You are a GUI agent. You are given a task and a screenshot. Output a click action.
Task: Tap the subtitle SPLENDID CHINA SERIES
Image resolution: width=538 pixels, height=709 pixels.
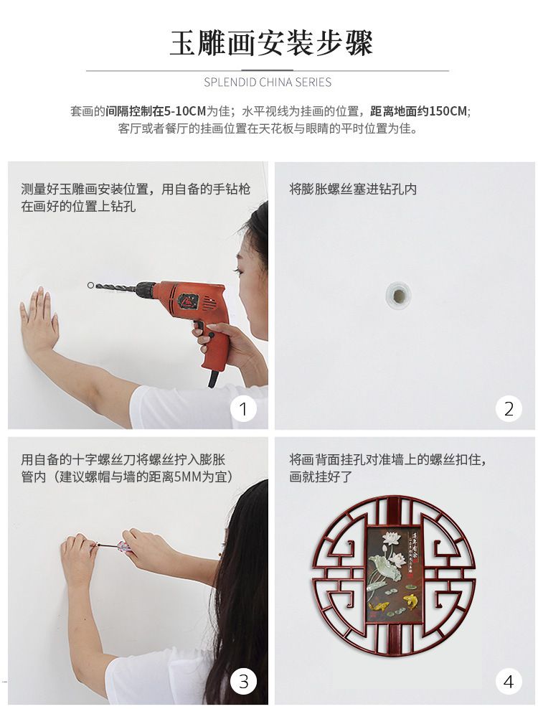268,83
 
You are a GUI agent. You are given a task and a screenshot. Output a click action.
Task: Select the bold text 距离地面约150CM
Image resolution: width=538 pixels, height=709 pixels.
419,111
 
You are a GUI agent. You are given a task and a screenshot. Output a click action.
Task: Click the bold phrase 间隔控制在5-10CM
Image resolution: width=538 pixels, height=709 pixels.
156,111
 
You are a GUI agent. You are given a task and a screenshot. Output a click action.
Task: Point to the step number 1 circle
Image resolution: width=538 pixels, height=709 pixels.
243,409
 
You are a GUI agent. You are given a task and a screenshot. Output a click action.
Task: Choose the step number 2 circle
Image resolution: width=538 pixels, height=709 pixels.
509,409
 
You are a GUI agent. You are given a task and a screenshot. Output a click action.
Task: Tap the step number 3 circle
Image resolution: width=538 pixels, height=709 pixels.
243,681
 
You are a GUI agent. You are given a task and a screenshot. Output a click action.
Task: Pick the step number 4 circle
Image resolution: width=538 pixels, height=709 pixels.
509,681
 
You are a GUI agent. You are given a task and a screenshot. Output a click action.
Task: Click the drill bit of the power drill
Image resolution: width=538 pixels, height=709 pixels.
115,286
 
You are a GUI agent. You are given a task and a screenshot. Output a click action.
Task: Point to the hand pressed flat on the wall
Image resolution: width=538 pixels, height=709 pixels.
39,321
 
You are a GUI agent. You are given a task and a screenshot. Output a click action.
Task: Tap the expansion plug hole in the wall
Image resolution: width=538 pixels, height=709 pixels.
398,295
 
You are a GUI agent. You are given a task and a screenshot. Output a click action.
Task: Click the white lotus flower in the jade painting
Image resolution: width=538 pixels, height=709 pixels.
393,543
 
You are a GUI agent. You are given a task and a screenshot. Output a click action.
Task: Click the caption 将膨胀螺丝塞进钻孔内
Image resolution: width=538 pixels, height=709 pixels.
353,189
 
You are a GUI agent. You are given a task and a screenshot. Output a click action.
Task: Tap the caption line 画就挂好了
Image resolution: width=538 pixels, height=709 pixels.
321,477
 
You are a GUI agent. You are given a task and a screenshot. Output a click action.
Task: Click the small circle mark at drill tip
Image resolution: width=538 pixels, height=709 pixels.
90,286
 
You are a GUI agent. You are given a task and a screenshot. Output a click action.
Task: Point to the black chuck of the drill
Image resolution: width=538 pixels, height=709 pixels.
146,289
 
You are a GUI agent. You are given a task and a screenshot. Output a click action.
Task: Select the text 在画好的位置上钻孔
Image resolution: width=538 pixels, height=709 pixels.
78,207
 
